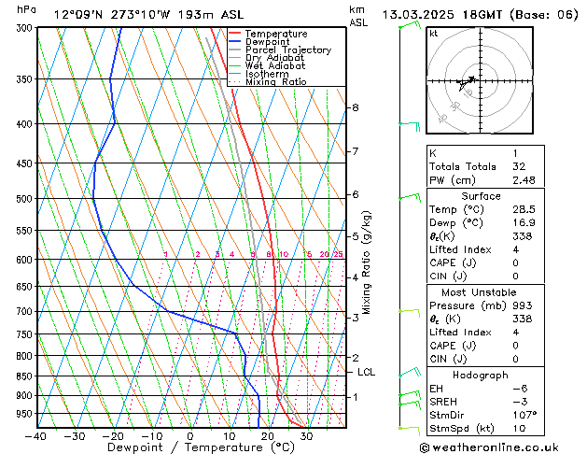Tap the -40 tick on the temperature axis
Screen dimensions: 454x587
[37, 435]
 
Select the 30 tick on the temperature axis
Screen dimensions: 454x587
[306, 435]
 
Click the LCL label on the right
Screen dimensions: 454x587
[367, 372]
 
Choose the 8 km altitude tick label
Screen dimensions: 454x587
[355, 107]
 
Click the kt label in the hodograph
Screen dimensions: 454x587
[433, 34]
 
